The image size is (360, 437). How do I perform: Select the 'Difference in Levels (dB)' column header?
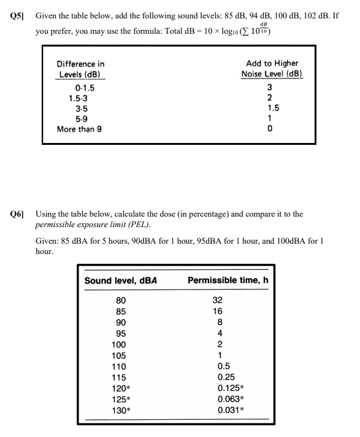(80, 69)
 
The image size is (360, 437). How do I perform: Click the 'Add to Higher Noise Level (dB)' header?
(272, 69)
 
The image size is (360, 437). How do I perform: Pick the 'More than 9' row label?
(79, 130)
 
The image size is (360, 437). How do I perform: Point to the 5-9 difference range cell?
(80, 119)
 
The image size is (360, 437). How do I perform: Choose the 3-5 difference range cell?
(80, 109)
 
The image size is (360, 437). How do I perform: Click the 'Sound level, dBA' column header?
(121, 280)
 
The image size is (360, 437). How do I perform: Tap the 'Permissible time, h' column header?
(228, 280)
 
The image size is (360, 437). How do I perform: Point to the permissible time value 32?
(217, 301)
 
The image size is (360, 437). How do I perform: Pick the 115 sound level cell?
(119, 377)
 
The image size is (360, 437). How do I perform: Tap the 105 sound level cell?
(119, 355)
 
